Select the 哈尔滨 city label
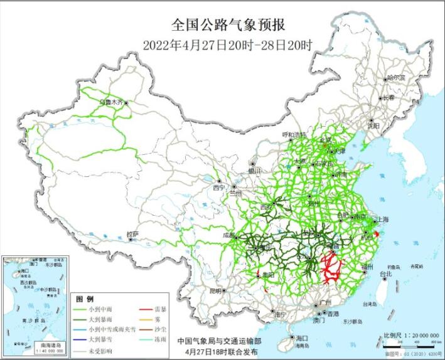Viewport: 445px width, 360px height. pyautogui.click(x=396, y=78)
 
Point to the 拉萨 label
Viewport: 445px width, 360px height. pyautogui.click(x=132, y=234)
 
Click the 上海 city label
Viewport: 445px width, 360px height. pyautogui.click(x=382, y=220)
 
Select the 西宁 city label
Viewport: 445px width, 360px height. pyautogui.click(x=218, y=188)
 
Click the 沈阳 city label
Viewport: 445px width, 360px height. pyautogui.click(x=374, y=125)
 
